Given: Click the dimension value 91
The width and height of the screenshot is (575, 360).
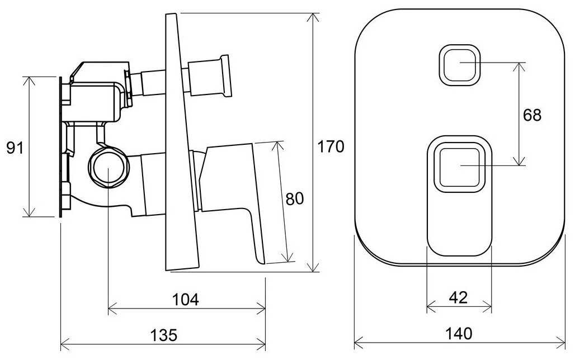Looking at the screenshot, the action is pos(15,148).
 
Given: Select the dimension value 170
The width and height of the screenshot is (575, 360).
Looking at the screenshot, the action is pos(331,146).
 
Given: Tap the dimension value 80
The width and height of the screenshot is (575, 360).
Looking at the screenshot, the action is pos(295,198).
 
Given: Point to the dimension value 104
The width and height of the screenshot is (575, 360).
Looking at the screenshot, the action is pos(186,300).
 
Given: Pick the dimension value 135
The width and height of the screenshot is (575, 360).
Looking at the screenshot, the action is pos(164,335).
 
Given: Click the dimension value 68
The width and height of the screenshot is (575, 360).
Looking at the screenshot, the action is pos(532,115).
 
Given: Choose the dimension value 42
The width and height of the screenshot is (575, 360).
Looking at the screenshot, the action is pos(459,298).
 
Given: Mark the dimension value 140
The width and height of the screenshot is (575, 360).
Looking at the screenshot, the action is pos(459,334).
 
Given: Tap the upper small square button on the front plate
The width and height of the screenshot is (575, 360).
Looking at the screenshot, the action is pos(460,65).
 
